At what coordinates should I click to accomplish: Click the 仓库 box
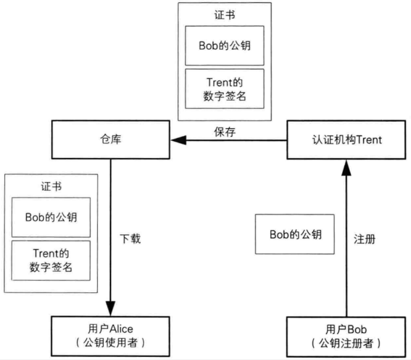pyautogui.click(x=110, y=141)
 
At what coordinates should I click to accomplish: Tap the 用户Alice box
pyautogui.click(x=110, y=336)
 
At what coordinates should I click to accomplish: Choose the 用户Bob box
pyautogui.click(x=346, y=336)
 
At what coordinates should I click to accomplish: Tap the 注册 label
pyautogui.click(x=364, y=239)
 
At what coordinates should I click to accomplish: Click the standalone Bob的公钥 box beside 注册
pyautogui.click(x=295, y=234)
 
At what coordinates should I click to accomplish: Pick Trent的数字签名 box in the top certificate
pyautogui.click(x=224, y=89)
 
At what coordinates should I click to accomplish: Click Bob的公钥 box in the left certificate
pyautogui.click(x=50, y=216)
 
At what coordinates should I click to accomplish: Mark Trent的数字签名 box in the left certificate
pyautogui.click(x=50, y=260)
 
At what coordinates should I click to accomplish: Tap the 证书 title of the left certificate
pyautogui.click(x=50, y=187)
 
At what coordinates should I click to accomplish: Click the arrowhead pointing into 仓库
pyautogui.click(x=178, y=141)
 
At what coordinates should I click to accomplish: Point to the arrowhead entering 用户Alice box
pyautogui.click(x=110, y=310)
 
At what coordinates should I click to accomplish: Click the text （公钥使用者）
pyautogui.click(x=110, y=343)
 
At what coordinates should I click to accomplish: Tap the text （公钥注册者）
pyautogui.click(x=346, y=343)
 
